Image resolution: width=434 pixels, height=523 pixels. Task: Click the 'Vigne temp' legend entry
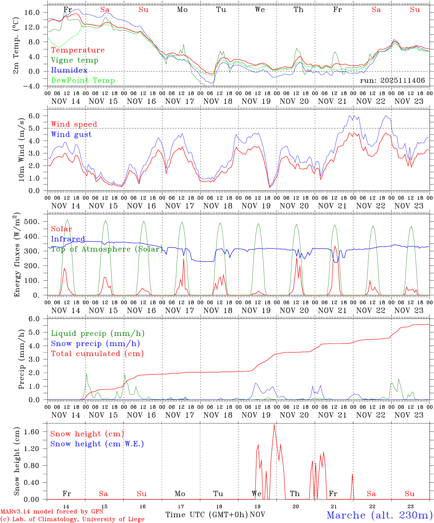[x=75, y=60]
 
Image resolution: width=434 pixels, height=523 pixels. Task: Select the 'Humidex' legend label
[x=69, y=70]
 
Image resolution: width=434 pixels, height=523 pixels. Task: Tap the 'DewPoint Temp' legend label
[x=83, y=81]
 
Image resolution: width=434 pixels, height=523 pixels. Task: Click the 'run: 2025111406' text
[x=392, y=81]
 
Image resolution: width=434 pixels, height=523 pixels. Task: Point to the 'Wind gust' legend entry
[x=71, y=134]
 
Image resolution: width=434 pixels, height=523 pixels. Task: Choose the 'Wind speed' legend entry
[x=74, y=124]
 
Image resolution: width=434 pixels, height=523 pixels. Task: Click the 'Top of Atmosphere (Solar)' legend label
[x=107, y=249]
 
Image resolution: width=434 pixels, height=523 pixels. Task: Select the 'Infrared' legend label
[x=68, y=239]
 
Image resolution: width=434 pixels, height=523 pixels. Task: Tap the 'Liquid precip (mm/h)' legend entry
[x=98, y=333]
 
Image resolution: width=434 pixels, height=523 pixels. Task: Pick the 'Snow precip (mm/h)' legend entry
[x=96, y=344]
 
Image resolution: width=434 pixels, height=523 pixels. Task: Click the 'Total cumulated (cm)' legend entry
[x=97, y=354]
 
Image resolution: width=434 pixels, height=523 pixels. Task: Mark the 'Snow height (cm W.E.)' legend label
[x=97, y=444]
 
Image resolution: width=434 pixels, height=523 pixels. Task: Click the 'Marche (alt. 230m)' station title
[x=379, y=515]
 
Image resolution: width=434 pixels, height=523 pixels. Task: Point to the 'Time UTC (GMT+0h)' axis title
[x=206, y=515]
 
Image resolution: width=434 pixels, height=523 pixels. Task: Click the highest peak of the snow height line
[x=274, y=424]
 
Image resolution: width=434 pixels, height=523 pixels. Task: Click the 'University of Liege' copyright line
[x=72, y=519]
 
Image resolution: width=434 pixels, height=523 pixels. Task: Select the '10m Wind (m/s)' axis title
[x=22, y=150]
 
